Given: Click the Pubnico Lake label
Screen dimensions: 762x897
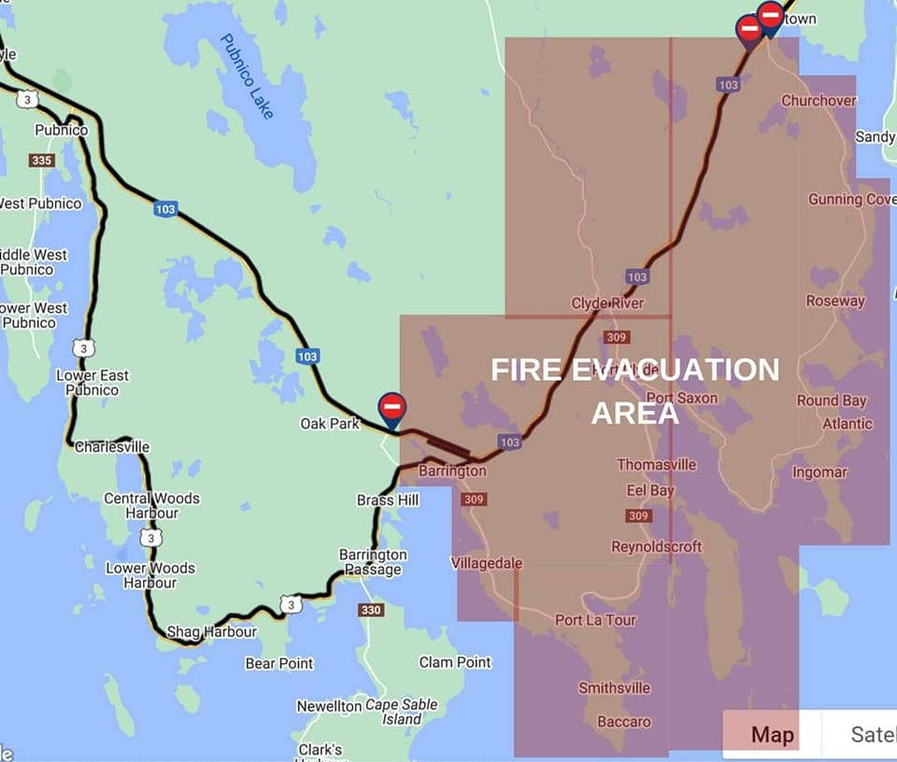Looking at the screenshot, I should point(248,76).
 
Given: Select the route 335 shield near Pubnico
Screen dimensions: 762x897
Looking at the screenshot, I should point(42,161).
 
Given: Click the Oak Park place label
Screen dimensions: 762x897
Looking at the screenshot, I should point(330,424).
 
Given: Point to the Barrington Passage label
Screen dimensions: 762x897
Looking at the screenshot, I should point(373,562).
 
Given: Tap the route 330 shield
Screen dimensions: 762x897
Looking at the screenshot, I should point(371,610).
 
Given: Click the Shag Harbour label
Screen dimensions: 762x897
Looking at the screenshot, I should point(211,632).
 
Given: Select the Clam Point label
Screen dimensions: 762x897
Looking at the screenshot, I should point(455,662).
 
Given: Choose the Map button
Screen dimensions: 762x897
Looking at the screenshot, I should point(772,735).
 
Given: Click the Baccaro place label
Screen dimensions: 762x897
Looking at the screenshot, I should point(624,722).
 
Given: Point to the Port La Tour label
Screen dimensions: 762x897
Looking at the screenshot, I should point(595,620).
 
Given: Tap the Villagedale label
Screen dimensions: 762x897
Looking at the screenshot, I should point(486,563).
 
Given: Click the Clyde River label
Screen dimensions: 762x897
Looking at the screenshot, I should point(607,303).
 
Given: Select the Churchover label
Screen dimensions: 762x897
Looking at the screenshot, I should point(819,101).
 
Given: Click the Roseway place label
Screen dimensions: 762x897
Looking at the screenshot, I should point(835,301).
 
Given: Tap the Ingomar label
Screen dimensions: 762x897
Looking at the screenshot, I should point(819,472).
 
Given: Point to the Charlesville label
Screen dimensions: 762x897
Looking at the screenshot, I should point(112,446).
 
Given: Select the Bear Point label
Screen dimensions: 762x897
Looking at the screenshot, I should point(279,663).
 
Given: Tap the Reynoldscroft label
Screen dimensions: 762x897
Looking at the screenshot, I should point(656,546).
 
